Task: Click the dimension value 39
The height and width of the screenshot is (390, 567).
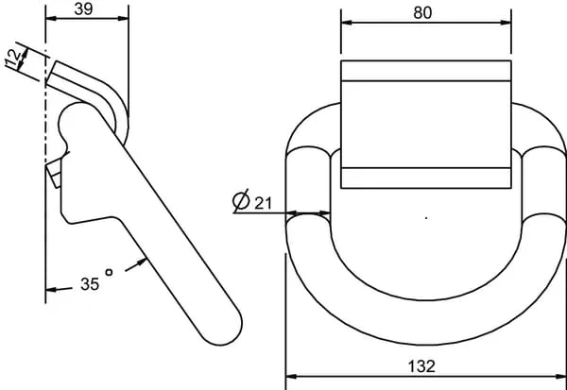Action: coord(83,9)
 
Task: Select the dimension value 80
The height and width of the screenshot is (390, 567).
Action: coord(422,13)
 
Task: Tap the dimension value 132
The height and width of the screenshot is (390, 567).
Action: coord(421,366)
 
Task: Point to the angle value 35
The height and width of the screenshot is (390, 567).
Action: coord(90,284)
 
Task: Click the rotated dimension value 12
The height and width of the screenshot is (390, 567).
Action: coord(13,58)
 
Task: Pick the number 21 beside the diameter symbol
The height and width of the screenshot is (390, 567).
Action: coord(263,204)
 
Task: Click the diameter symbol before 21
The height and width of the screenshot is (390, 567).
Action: coord(241,200)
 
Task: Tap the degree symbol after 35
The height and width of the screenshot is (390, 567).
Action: coord(109,272)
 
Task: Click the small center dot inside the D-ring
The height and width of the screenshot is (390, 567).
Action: coord(426,218)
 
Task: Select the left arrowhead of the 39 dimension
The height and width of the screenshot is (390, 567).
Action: coord(51,18)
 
